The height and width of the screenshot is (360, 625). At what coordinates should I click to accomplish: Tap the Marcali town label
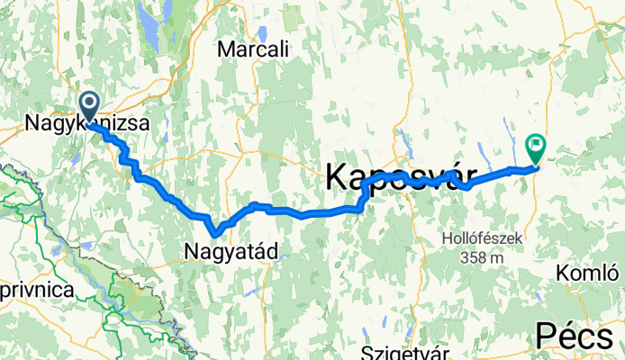tap(253, 49)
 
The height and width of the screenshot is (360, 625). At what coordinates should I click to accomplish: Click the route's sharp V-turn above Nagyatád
tap(212, 236)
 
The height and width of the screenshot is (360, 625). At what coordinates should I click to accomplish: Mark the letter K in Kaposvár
tap(336, 175)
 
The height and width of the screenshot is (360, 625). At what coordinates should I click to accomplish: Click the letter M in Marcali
tap(225, 49)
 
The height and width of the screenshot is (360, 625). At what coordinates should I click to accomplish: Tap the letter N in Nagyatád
tap(190, 249)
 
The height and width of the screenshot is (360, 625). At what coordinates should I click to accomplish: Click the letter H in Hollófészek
tap(447, 238)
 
